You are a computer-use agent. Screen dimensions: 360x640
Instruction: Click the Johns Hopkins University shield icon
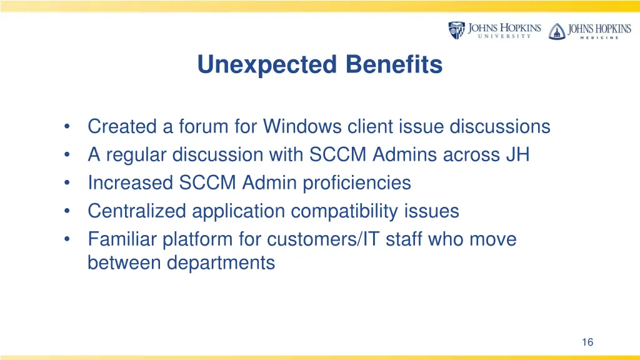456,31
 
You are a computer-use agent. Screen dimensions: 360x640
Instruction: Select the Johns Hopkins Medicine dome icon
556,31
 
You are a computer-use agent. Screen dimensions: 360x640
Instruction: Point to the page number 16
587,342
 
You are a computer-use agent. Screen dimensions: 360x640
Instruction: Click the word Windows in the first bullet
302,127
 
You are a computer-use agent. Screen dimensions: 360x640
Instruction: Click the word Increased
131,183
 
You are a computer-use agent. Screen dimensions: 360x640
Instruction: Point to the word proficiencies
357,183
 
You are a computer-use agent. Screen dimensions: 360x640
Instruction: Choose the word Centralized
137,211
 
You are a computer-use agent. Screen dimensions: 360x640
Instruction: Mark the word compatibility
354,211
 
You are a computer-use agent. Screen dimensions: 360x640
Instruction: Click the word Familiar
122,239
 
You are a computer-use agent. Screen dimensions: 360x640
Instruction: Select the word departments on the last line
221,263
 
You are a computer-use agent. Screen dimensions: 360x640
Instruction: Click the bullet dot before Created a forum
67,127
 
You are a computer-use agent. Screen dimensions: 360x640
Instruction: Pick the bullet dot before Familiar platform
67,240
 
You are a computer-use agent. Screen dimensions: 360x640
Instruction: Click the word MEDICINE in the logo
592,37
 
